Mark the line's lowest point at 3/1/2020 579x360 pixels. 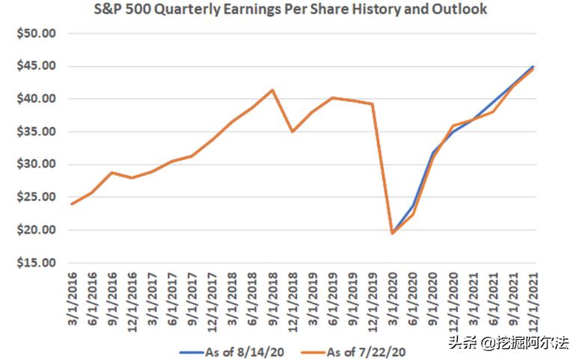coord(393,233)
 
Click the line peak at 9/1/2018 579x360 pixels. coord(272,91)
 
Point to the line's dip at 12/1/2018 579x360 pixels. coord(292,131)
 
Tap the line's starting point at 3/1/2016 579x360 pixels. coord(72,204)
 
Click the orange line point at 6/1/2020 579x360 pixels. coord(413,214)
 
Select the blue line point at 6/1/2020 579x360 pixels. coord(413,205)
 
